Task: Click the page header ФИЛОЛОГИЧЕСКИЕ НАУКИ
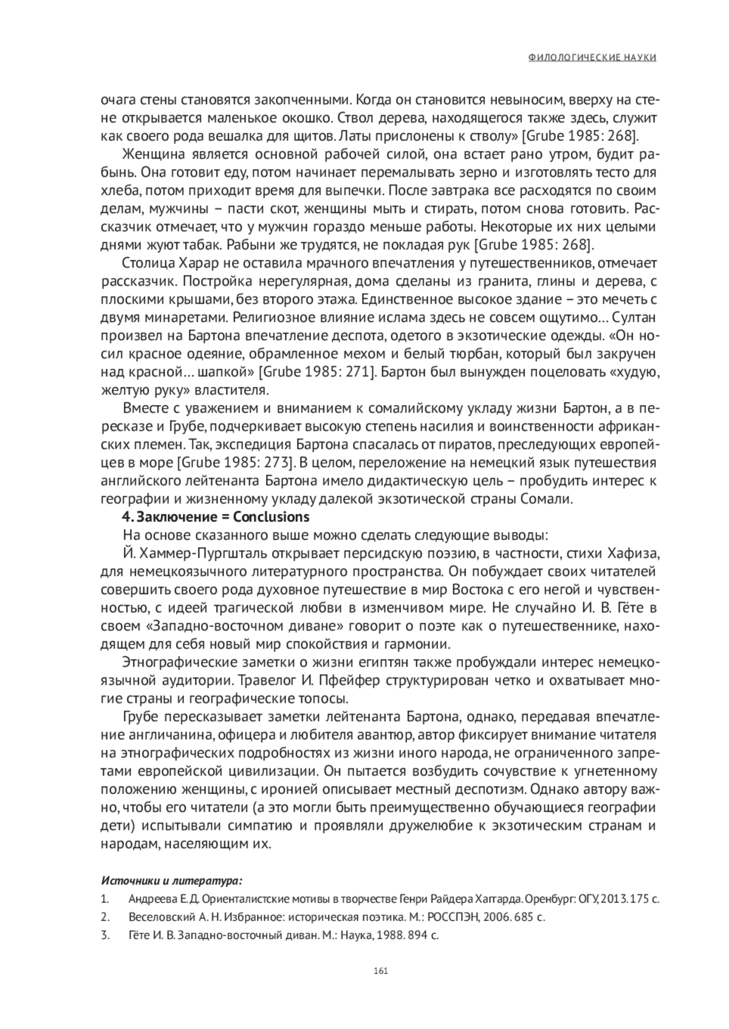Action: coord(592,57)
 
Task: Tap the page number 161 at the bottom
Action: coord(381,970)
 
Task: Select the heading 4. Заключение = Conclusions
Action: coord(216,518)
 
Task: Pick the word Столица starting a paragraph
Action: coord(148,263)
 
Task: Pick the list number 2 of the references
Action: coord(104,917)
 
